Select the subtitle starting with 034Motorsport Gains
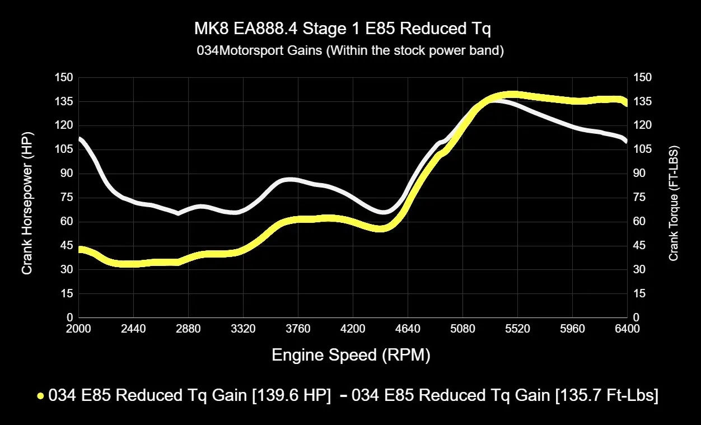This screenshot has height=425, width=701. [x=350, y=51]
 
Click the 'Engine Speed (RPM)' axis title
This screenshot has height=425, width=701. [x=351, y=355]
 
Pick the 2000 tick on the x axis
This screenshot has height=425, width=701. [x=78, y=329]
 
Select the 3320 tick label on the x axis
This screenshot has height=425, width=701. [x=243, y=329]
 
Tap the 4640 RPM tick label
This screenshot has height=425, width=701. [x=408, y=329]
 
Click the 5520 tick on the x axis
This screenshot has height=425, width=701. [x=517, y=329]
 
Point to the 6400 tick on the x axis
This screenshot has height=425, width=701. [x=627, y=329]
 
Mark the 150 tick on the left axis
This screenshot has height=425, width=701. [x=63, y=77]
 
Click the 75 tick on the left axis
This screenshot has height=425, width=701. [x=66, y=198]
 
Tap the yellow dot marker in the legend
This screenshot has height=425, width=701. [x=40, y=396]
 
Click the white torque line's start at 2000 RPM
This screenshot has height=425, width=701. [x=80, y=138]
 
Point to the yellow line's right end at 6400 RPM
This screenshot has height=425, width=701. [x=625, y=104]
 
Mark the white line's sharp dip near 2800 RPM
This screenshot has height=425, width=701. [x=178, y=213]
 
